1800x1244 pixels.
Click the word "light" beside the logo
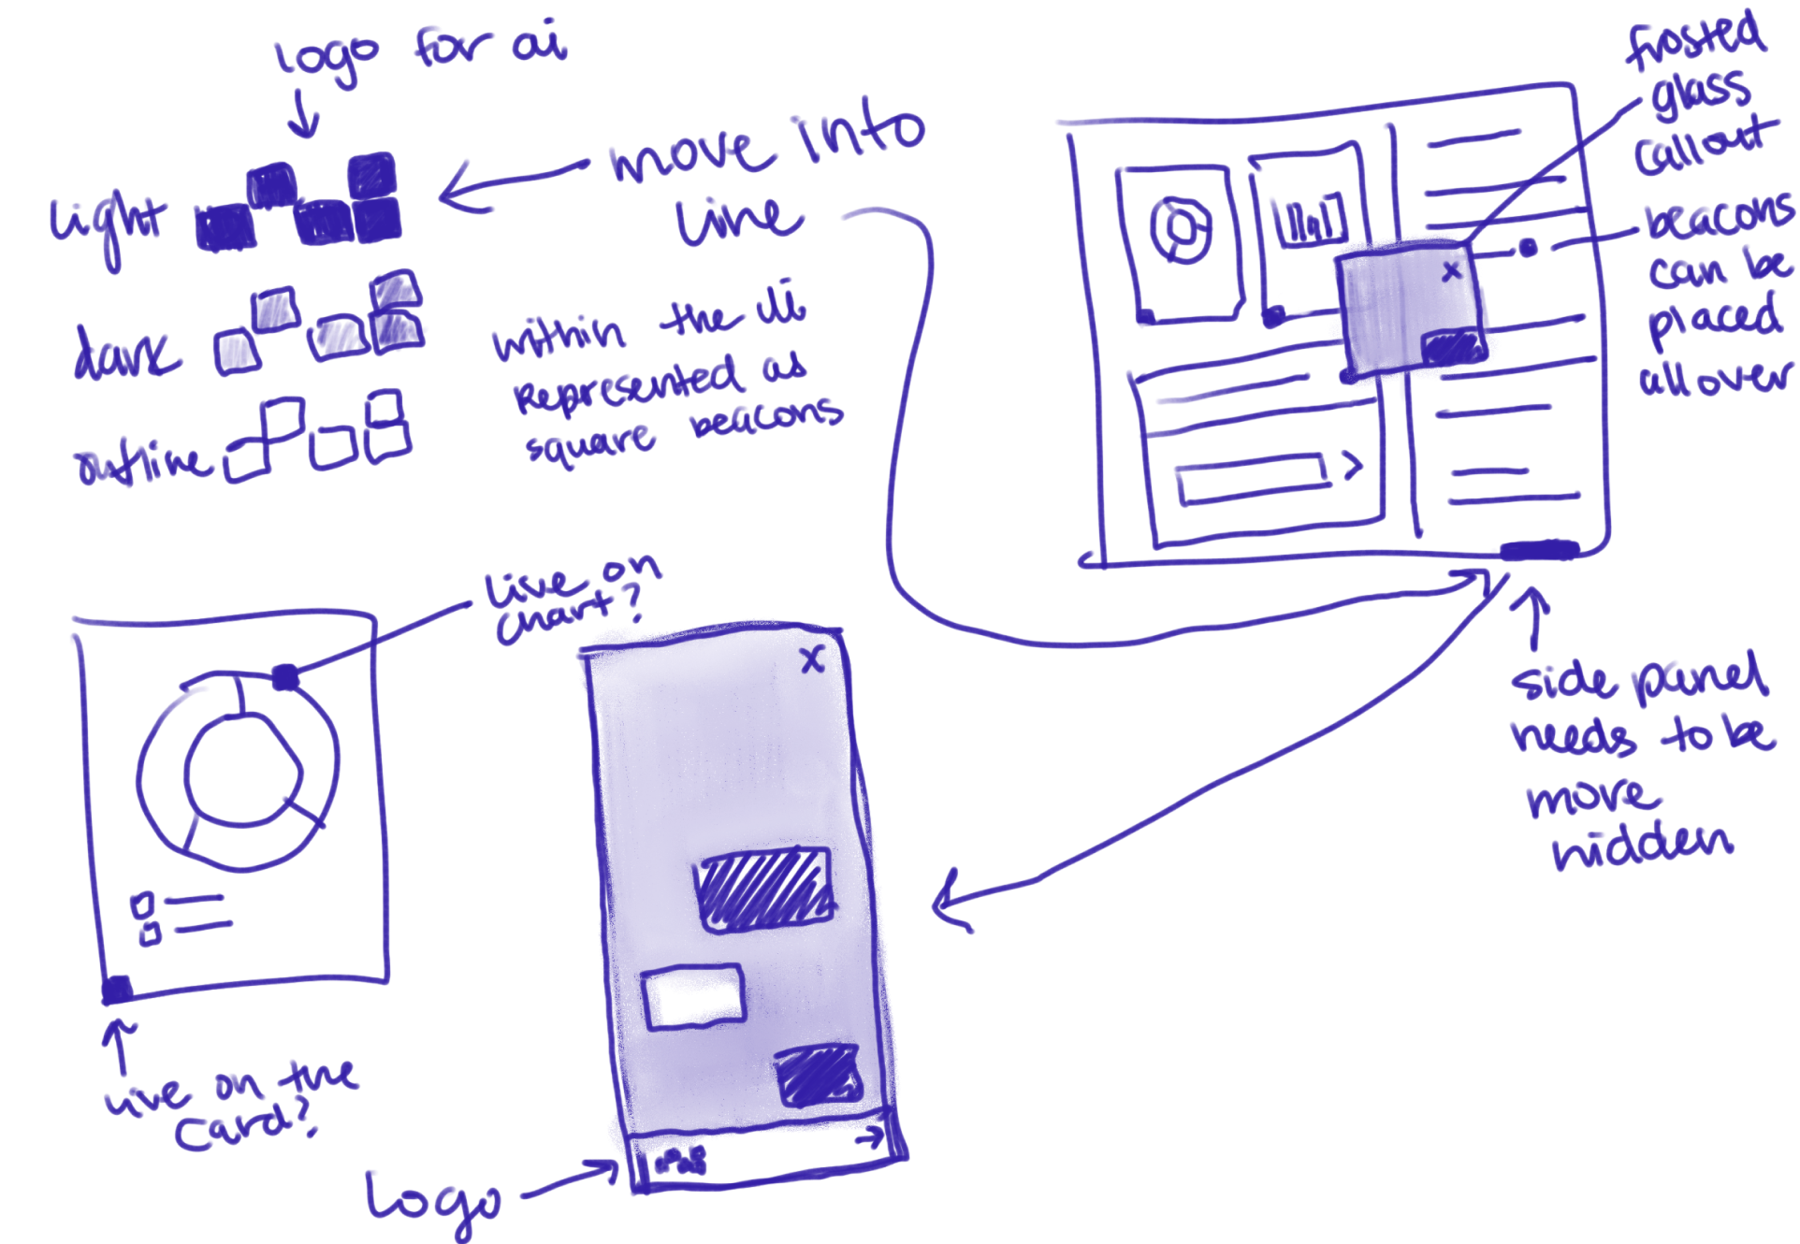click(x=108, y=224)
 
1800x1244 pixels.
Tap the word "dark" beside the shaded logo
click(x=126, y=353)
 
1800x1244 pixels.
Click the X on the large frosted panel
click(x=812, y=660)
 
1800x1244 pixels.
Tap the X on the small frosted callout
click(x=1451, y=271)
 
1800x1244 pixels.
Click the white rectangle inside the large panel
click(x=693, y=997)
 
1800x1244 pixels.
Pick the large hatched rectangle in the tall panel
click(x=763, y=889)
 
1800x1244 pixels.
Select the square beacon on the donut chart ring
click(x=285, y=676)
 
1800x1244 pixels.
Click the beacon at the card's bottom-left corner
click(x=117, y=989)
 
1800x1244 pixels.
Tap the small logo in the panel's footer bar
click(x=681, y=1162)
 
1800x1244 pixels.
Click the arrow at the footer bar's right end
click(x=871, y=1137)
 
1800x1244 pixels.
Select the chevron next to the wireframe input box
click(x=1352, y=465)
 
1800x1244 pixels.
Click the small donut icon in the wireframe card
click(x=1181, y=229)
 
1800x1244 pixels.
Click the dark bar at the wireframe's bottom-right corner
click(x=1540, y=550)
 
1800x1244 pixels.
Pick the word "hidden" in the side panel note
click(x=1642, y=846)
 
